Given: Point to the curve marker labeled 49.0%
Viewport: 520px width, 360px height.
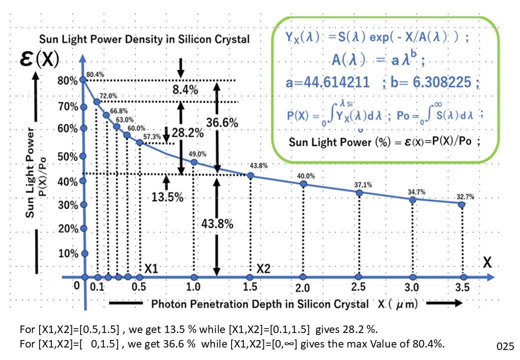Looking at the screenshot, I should [x=194, y=162].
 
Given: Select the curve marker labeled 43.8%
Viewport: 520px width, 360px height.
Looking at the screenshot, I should [x=250, y=175].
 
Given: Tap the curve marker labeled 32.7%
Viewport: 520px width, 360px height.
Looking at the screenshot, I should [x=461, y=204].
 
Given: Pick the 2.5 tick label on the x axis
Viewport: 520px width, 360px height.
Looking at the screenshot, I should [x=358, y=287].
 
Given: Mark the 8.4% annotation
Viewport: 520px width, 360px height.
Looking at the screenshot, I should [x=185, y=90].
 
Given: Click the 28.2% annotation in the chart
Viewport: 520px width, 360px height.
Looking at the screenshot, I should [x=188, y=133].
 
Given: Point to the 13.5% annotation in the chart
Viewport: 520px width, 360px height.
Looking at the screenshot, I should [x=167, y=197].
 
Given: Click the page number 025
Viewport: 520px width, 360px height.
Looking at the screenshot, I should [x=505, y=345].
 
